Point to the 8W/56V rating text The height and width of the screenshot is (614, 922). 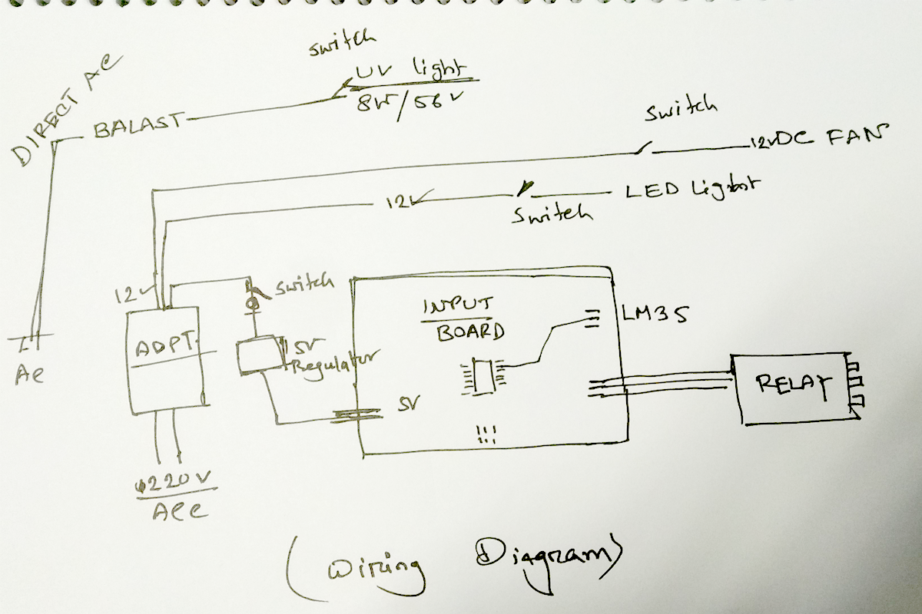(x=400, y=102)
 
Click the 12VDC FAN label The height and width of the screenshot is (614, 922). (x=814, y=139)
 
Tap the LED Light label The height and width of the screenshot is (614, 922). (x=691, y=188)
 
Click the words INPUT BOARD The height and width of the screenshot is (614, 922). (x=460, y=319)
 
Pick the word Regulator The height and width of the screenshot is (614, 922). (x=334, y=365)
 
